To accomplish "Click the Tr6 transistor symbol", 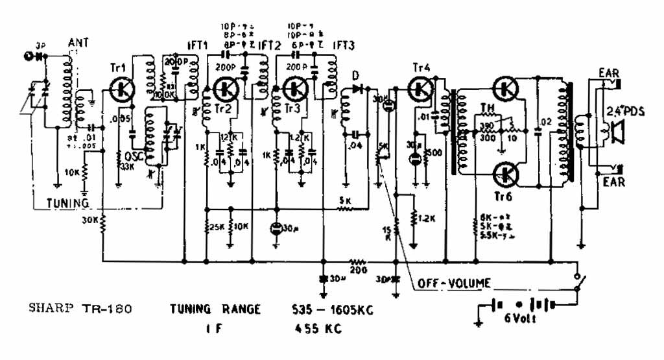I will coord(505,174).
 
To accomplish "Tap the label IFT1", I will coord(196,45).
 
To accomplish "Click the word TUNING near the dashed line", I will coord(67,203).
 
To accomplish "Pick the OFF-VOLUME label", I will coord(454,283).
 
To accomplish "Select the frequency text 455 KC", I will coord(317,329).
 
